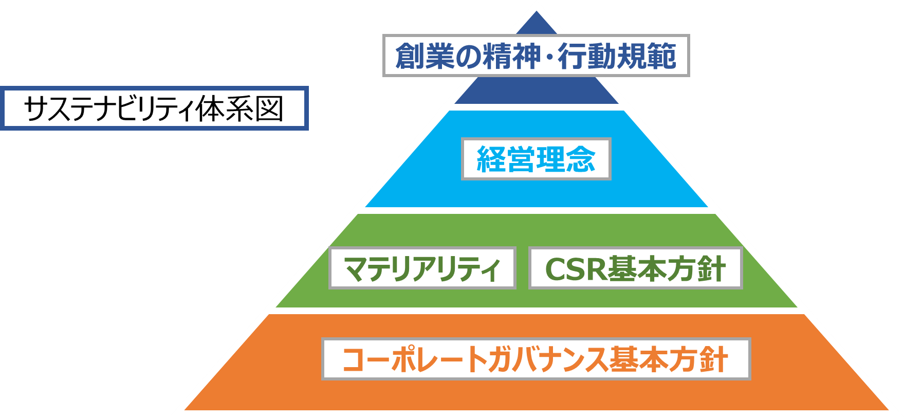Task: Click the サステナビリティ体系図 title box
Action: (x=154, y=108)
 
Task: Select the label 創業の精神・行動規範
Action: (x=536, y=56)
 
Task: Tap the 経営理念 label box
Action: (x=536, y=159)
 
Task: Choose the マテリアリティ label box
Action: (x=422, y=268)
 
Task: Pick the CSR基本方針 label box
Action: (x=635, y=268)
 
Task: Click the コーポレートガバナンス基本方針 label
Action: (x=536, y=359)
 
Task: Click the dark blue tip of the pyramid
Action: (x=536, y=23)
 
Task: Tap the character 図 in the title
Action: (x=270, y=109)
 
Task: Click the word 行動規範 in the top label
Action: (x=617, y=56)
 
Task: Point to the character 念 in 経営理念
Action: (x=581, y=159)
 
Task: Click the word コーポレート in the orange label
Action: (x=414, y=359)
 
